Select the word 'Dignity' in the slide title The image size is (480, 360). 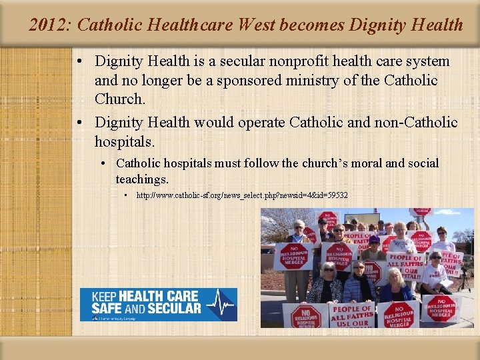(x=381, y=25)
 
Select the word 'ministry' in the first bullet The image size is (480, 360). (x=312, y=81)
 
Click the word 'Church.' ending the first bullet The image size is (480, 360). (x=120, y=99)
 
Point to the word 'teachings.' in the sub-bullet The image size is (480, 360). (x=142, y=179)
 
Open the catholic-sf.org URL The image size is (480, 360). (x=241, y=195)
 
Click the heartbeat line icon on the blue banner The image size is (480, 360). (x=219, y=305)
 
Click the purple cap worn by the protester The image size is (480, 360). (x=374, y=239)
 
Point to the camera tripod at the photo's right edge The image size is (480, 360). (x=466, y=280)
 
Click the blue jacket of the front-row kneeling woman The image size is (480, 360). (x=397, y=293)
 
